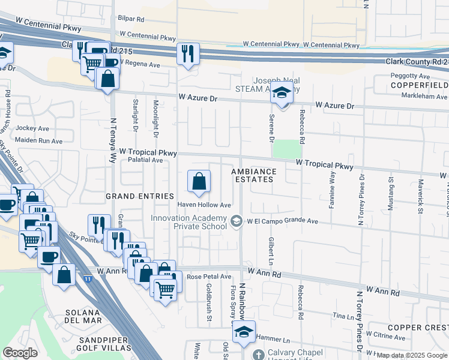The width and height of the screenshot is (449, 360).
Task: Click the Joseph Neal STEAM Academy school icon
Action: [281, 93]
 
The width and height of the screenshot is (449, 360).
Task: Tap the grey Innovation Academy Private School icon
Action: [237, 222]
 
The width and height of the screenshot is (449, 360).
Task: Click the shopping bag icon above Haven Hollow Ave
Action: [199, 181]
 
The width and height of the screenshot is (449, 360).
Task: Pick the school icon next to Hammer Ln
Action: [244, 332]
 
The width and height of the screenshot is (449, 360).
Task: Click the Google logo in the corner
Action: [20, 353]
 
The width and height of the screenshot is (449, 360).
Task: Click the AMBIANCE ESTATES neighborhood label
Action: [255, 175]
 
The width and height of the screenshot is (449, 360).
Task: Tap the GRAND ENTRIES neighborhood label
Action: [139, 196]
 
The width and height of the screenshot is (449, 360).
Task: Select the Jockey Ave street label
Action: [32, 128]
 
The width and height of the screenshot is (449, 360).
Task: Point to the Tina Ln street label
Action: [344, 316]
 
